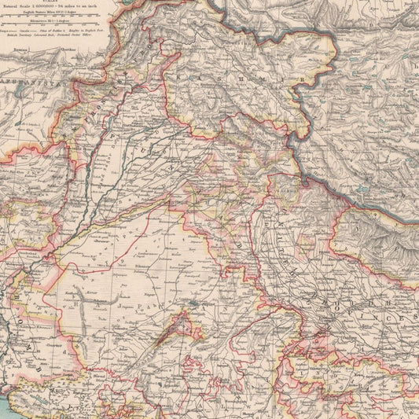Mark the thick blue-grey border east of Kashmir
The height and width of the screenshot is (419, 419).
[x=303, y=118]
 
